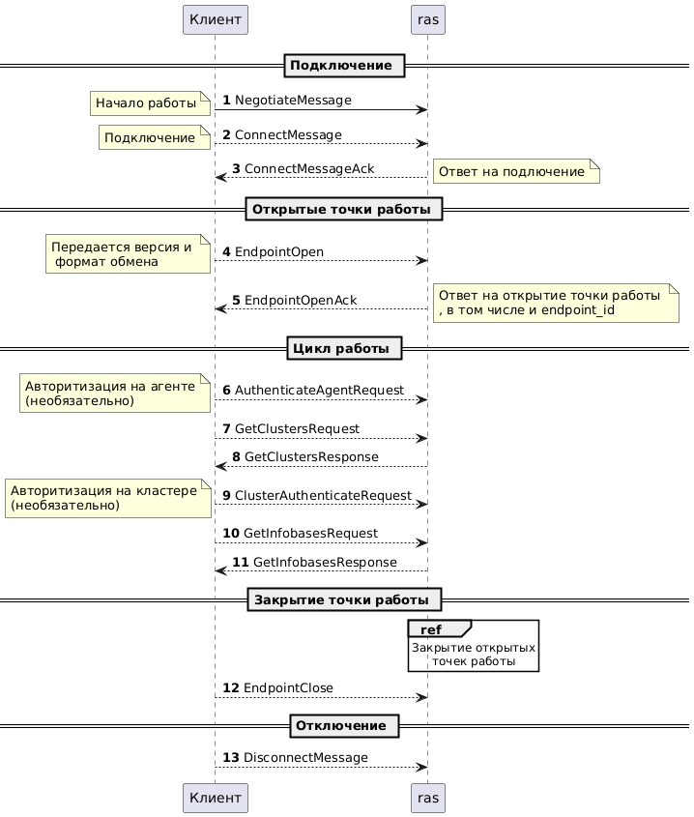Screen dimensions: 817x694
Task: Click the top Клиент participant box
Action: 215,18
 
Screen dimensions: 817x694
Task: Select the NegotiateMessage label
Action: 293,101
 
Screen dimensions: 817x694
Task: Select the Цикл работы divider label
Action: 344,347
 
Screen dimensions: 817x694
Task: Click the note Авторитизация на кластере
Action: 107,497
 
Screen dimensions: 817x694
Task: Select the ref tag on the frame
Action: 430,630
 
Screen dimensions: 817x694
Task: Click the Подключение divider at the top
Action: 344,66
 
